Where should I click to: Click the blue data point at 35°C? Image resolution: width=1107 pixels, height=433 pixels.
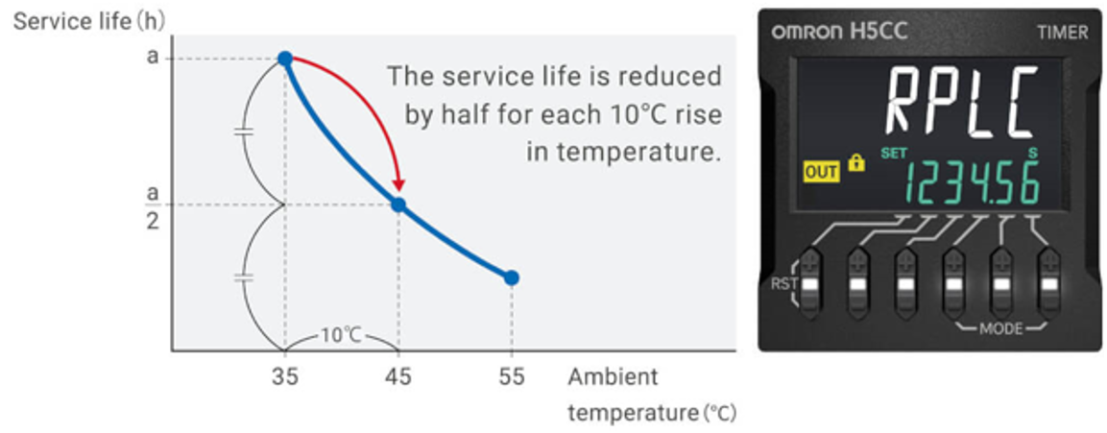point(285,59)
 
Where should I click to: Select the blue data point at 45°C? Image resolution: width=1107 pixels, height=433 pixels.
point(398,204)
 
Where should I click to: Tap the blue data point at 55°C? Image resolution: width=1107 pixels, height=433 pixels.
point(512,277)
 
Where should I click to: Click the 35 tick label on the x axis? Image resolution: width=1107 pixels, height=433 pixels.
point(285,376)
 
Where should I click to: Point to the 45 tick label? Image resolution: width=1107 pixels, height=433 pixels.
point(398,376)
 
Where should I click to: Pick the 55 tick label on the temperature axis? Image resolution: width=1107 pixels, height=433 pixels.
point(512,376)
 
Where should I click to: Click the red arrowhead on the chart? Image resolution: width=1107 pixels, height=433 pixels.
point(398,184)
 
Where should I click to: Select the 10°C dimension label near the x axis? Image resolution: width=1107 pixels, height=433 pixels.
point(341,335)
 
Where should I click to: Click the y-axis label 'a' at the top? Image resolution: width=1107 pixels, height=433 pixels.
point(152,57)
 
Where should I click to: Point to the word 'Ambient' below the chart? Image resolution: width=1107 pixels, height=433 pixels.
point(613,376)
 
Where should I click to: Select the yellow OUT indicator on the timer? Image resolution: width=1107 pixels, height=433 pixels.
point(821,172)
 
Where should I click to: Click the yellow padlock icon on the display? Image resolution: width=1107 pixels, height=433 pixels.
point(856,164)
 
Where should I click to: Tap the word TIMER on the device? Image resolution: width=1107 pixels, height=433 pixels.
point(1062,33)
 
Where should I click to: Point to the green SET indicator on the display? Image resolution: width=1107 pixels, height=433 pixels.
point(894,153)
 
